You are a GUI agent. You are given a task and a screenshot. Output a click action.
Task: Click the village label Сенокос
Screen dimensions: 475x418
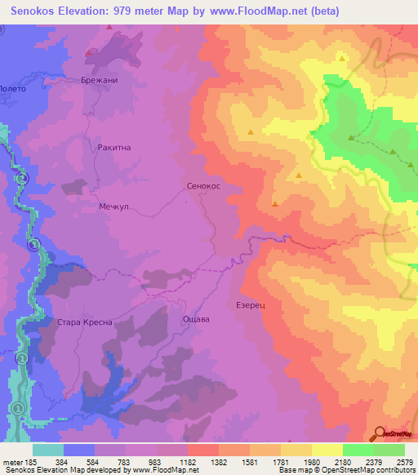coord(204,186)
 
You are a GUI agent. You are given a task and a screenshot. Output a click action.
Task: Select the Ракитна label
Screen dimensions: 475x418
coord(113,148)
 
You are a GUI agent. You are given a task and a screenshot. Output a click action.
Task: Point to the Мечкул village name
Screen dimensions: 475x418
coord(115,206)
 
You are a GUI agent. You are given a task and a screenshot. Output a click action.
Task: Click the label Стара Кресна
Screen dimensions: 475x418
coord(84,322)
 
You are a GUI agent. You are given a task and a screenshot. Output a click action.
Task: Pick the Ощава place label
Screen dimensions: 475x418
coord(196,319)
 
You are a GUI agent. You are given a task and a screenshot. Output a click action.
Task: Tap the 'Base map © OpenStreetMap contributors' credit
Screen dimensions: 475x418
coord(345,470)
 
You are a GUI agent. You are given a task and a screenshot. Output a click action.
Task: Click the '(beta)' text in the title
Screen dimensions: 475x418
coord(323,11)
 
